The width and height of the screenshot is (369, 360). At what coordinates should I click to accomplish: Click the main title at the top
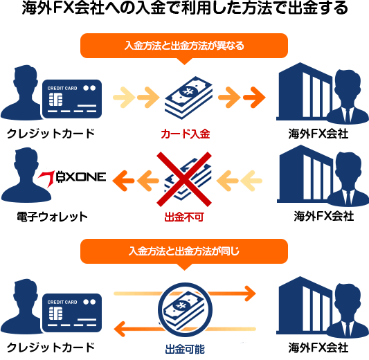pos(185,8)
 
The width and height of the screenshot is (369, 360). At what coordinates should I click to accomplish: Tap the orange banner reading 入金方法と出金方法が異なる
pos(184,46)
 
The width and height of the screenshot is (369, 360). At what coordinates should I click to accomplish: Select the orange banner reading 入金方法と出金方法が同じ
pos(184,251)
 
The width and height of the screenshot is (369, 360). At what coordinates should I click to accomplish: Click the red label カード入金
pos(186,134)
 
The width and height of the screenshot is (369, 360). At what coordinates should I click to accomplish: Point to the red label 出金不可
pos(184,217)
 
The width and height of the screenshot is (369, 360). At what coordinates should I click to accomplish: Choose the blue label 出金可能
pos(185,349)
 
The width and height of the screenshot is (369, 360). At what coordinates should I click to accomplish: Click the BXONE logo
pos(72,178)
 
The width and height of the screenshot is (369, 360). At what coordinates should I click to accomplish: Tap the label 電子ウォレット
pos(52,217)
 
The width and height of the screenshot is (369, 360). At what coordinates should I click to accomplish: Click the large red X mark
pos(184,179)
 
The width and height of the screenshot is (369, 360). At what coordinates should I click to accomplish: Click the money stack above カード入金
pos(188,98)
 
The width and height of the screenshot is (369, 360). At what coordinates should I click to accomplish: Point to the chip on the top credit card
pos(55,100)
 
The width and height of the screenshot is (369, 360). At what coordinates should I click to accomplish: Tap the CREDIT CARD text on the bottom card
pos(62,302)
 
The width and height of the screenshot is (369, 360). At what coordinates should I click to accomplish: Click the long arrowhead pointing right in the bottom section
pos(250,294)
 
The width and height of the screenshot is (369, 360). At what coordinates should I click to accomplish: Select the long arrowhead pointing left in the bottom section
pos(120,329)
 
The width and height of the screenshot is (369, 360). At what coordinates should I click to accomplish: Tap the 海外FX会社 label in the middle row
pos(324,216)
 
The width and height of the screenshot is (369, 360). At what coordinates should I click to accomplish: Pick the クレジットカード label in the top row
pos(51,134)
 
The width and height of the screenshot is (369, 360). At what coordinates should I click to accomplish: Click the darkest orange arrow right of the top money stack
pos(254,97)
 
